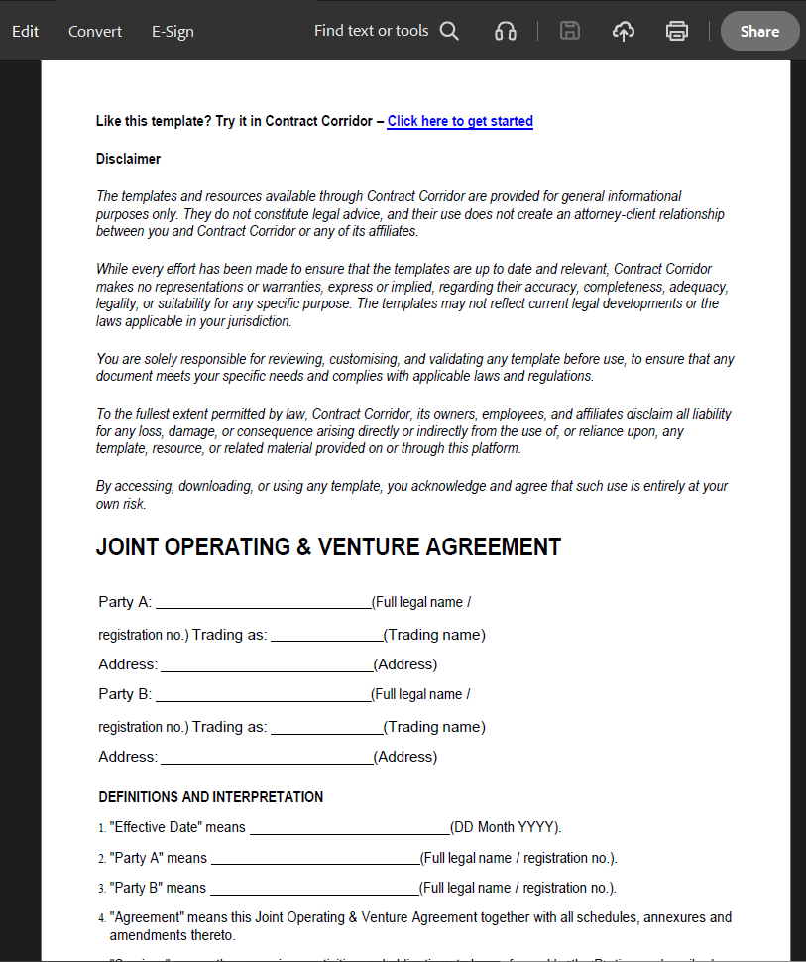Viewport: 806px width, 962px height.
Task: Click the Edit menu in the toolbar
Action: point(26,31)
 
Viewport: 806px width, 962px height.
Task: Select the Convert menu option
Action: point(95,31)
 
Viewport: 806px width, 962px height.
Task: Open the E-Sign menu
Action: point(173,31)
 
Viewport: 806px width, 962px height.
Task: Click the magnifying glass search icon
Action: point(449,31)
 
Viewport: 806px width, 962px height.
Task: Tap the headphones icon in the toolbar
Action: point(506,31)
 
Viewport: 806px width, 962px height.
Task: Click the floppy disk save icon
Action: point(570,31)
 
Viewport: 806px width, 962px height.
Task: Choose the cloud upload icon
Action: point(623,31)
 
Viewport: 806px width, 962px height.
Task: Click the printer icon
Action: point(677,31)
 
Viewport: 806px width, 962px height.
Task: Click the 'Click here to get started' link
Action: point(460,121)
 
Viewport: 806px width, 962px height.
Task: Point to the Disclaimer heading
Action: point(128,159)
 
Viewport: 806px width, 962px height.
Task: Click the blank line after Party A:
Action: point(263,603)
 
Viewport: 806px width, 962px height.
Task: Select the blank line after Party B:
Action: point(263,695)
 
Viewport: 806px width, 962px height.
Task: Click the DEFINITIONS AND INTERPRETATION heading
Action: point(211,796)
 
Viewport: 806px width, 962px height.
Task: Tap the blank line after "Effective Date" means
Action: point(349,828)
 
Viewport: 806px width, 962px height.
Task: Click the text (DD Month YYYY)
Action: point(506,827)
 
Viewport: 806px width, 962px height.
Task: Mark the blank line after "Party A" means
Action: point(315,858)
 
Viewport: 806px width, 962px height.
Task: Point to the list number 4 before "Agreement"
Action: point(102,918)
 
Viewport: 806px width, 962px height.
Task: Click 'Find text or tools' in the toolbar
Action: point(371,31)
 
